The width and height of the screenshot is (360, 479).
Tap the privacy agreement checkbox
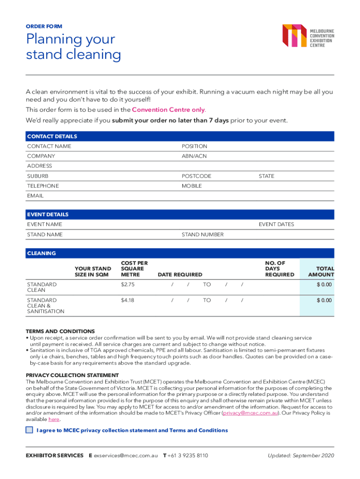(30, 430)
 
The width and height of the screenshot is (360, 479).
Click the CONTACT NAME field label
(49, 146)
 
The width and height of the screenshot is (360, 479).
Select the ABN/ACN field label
(194, 156)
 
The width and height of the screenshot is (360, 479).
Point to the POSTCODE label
(196, 176)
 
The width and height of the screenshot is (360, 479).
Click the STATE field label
(266, 176)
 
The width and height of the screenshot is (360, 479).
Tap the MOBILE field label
(192, 186)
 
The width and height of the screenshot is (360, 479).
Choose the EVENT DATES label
(276, 225)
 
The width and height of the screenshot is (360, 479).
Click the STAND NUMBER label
(202, 234)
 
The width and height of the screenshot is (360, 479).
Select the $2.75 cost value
(128, 284)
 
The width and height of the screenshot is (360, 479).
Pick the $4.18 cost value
(128, 300)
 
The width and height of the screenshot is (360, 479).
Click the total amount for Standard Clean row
(324, 284)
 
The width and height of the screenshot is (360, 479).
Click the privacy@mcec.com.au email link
(251, 414)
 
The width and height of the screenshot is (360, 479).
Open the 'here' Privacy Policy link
(54, 420)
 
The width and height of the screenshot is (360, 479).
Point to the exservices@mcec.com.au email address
(126, 456)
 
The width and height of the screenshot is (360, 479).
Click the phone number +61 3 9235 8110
(188, 456)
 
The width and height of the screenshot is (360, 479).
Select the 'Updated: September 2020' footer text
(301, 456)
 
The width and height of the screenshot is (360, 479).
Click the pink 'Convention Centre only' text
(168, 110)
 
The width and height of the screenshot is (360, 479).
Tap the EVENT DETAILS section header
(48, 215)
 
